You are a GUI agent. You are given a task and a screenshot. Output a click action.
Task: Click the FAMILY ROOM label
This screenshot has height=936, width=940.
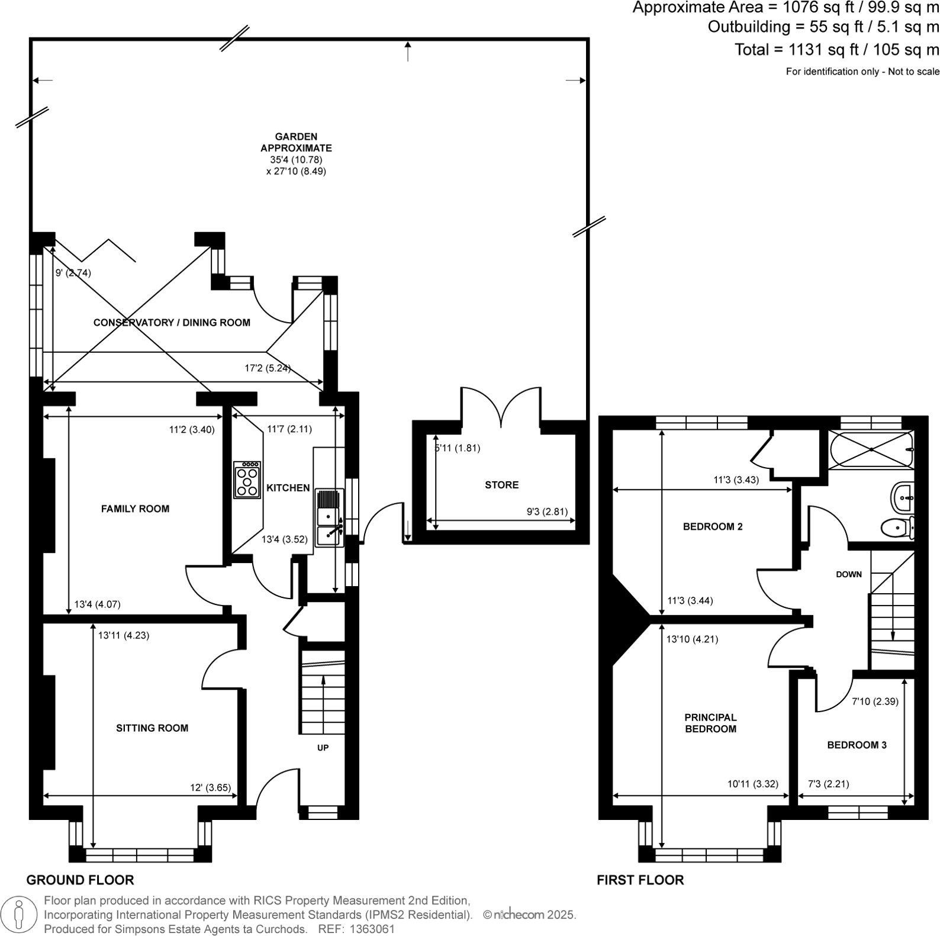[x=135, y=509]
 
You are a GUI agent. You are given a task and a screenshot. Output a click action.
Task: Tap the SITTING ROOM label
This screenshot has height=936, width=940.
[x=152, y=728]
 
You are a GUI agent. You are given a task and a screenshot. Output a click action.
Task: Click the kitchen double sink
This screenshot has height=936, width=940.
[x=329, y=517]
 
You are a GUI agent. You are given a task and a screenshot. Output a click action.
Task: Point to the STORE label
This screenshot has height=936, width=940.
[x=501, y=485]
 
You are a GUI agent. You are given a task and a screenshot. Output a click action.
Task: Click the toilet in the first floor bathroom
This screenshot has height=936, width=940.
[x=896, y=526]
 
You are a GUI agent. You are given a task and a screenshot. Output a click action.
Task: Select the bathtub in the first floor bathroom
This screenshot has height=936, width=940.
[x=870, y=450]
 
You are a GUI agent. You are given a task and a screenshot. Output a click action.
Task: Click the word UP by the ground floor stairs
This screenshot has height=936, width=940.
[x=323, y=748]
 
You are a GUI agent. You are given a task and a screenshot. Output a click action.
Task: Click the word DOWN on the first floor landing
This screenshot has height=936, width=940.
[x=848, y=574]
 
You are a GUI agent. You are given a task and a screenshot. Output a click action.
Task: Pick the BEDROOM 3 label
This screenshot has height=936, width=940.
[x=857, y=745]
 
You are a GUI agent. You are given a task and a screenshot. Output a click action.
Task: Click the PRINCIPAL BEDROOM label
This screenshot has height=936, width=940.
[x=710, y=723]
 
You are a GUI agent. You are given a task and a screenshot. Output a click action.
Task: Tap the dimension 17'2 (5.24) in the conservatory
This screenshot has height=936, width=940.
[x=268, y=368]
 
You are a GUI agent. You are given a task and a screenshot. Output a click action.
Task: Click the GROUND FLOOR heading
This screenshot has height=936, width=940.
[x=80, y=880]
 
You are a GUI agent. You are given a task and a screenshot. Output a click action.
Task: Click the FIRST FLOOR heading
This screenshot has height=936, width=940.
[x=640, y=880]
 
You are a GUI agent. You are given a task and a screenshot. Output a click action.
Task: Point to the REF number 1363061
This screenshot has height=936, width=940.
[x=373, y=929]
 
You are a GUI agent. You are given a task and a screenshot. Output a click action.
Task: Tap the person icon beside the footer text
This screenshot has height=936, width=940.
[x=20, y=914]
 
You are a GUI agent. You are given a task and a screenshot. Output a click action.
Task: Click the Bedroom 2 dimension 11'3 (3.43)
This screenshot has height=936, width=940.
[x=736, y=480]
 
